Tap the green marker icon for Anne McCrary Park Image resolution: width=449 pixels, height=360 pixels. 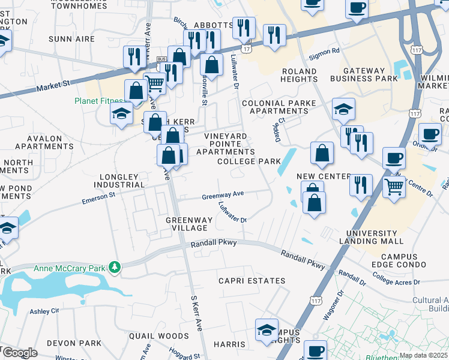tap(113, 267)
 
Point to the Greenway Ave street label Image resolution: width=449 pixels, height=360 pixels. tap(223, 194)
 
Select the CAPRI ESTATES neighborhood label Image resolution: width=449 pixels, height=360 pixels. tap(252, 281)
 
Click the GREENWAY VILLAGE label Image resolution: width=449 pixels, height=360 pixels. tap(189, 224)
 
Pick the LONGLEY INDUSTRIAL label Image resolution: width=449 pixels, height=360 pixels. tap(122, 181)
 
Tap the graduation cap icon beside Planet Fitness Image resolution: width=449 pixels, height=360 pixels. tap(122, 113)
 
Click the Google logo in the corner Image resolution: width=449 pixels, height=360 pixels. tap(19, 353)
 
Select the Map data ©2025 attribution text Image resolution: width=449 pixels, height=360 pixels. tap(423, 355)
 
